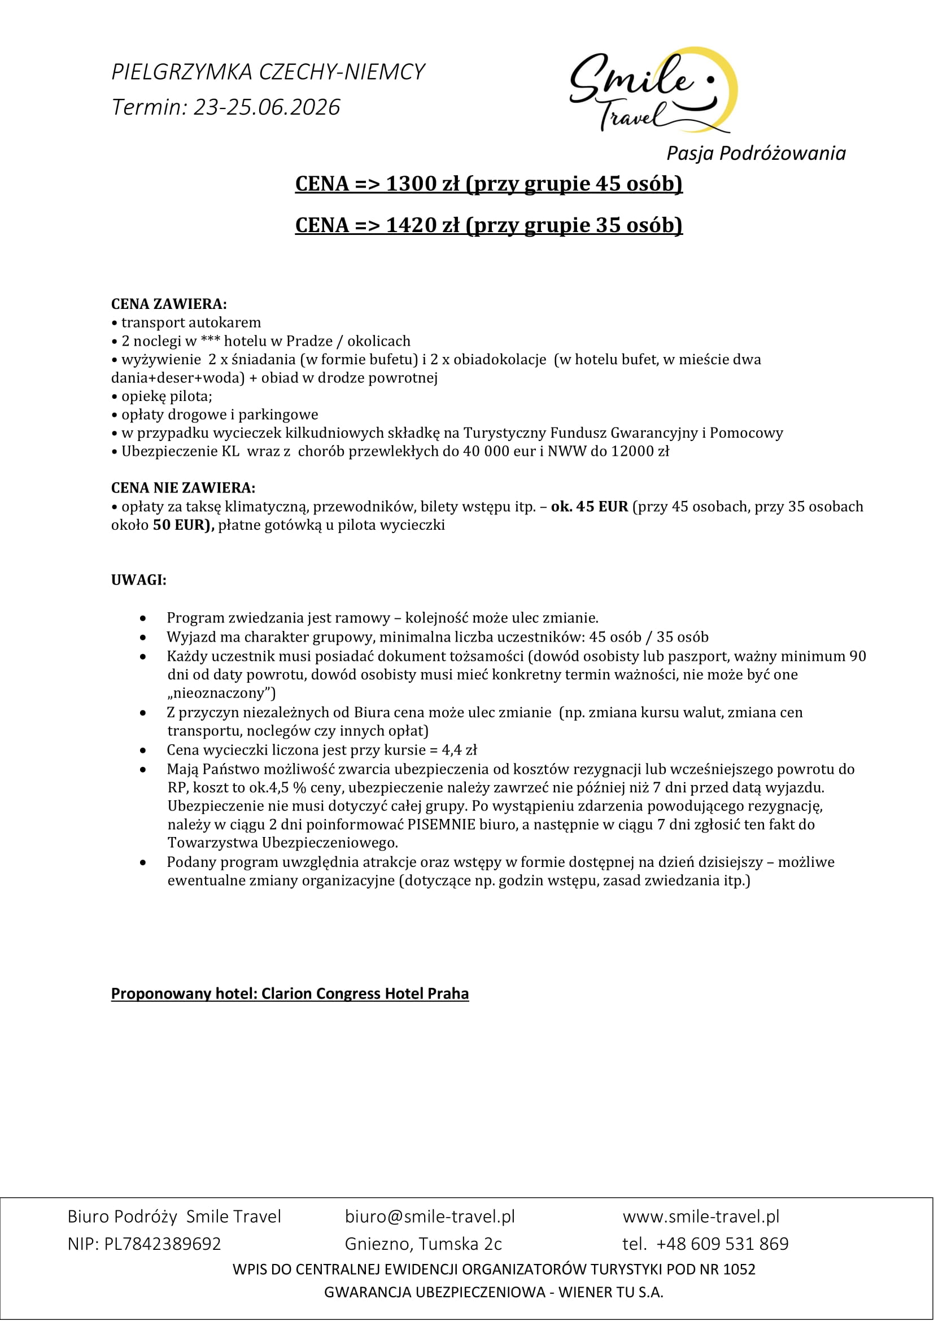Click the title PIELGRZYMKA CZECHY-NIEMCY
click(x=268, y=72)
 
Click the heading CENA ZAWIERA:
click(x=168, y=304)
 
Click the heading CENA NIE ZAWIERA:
click(x=183, y=488)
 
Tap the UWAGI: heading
click(x=138, y=580)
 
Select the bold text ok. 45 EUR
click(x=589, y=506)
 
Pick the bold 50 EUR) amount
click(x=183, y=525)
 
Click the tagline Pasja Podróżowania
click(x=756, y=153)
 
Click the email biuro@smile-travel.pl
click(x=430, y=1217)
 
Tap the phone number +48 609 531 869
click(x=722, y=1244)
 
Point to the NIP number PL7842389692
click(x=162, y=1244)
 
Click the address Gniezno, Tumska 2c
click(x=423, y=1244)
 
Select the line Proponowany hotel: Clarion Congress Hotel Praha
click(x=289, y=993)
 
